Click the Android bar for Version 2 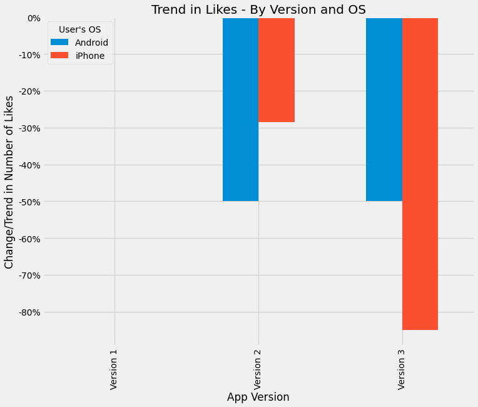click(x=240, y=110)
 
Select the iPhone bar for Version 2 click(x=277, y=70)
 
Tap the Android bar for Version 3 click(x=384, y=110)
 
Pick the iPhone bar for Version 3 click(x=420, y=173)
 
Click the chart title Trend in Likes click(x=258, y=9)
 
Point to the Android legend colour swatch click(x=60, y=43)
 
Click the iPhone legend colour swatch click(x=60, y=56)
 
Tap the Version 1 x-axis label click(x=114, y=369)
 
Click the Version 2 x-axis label click(x=258, y=369)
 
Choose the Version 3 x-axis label click(x=401, y=369)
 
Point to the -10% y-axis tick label click(x=29, y=55)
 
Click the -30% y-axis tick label click(x=29, y=128)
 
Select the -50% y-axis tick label click(x=29, y=202)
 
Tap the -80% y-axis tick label click(x=29, y=312)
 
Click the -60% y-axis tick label click(x=29, y=239)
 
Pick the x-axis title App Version click(x=258, y=397)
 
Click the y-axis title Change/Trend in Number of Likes click(x=9, y=182)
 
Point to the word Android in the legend click(x=91, y=43)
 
